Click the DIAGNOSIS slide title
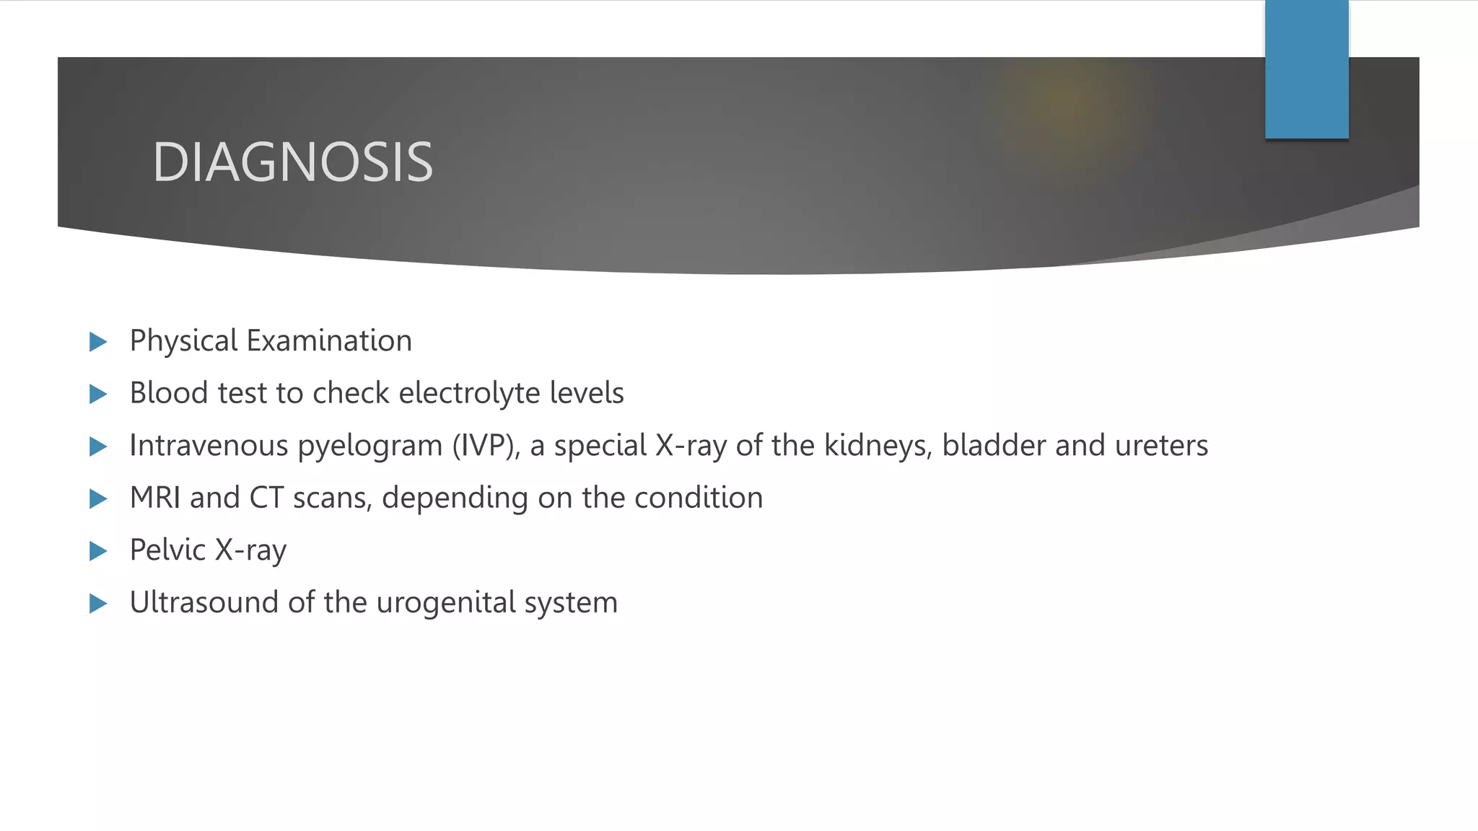tap(292, 162)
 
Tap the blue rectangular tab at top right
tap(1306, 69)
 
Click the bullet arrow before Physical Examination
tap(98, 342)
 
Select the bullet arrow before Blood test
tap(98, 394)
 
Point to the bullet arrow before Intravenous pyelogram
tap(98, 447)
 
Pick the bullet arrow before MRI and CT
tap(98, 498)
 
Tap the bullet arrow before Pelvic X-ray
tap(98, 551)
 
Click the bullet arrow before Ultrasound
tap(98, 603)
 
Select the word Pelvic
tap(167, 550)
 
